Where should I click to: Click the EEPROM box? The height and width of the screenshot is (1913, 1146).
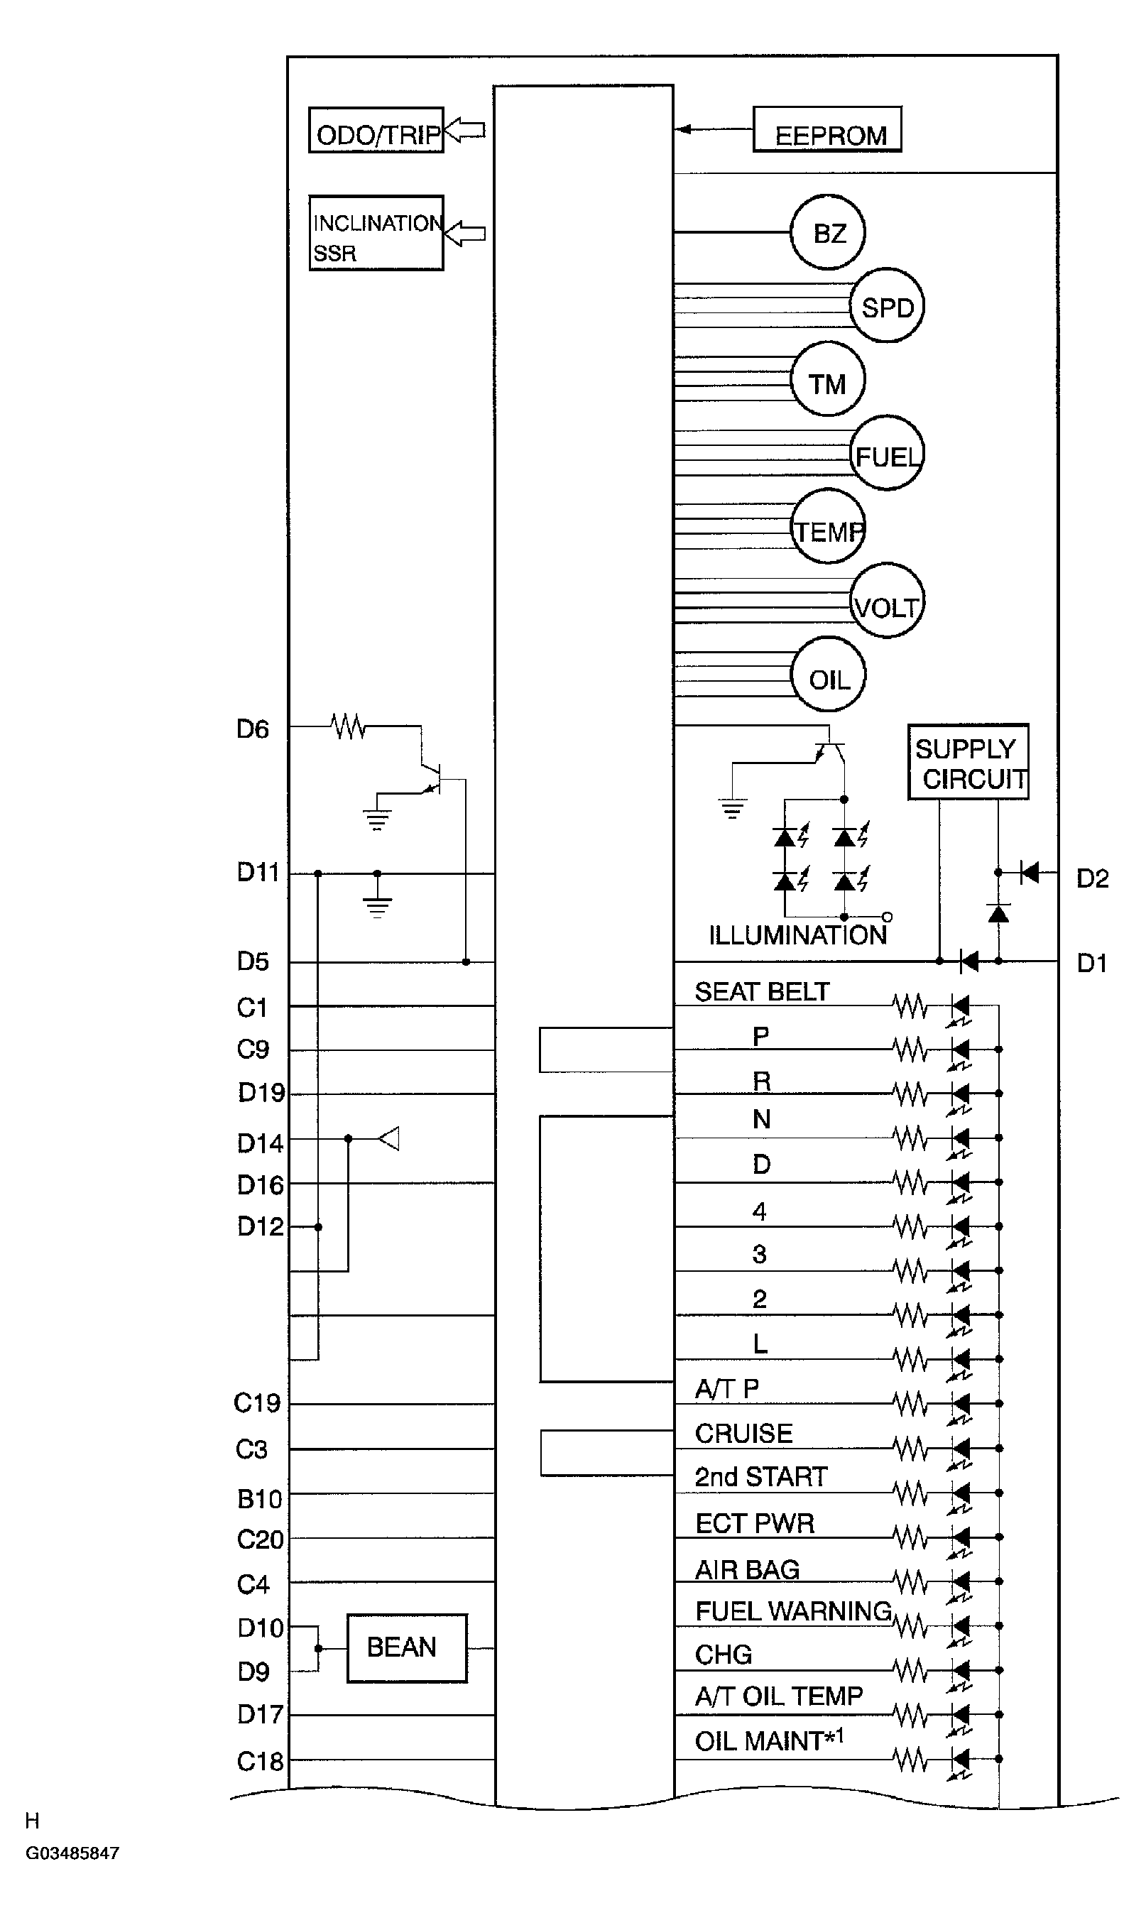pos(827,130)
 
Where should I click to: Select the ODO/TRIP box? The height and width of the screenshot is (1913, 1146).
pos(376,131)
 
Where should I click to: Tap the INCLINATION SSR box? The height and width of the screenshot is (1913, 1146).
pos(376,233)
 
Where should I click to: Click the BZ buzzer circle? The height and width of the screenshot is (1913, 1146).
pos(827,232)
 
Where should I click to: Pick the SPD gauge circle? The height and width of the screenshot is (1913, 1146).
pos(887,306)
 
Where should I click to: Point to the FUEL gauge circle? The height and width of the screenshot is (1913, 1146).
pos(887,453)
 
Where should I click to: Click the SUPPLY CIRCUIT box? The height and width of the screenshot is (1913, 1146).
pos(968,762)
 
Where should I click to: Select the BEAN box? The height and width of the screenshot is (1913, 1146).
pos(407,1648)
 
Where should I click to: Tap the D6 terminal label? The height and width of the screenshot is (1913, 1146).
pos(253,729)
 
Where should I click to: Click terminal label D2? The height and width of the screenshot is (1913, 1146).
pos(1092,878)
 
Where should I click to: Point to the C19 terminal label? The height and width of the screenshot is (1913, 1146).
pos(257,1402)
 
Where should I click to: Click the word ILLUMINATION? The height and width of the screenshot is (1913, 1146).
pos(797,935)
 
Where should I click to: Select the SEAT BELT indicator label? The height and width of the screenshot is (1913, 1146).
pos(761,991)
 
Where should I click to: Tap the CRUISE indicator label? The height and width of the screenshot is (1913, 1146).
pos(743,1434)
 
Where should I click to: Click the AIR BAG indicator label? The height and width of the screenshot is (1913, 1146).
pos(747,1569)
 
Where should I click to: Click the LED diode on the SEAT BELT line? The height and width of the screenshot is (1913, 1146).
pos(960,1006)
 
